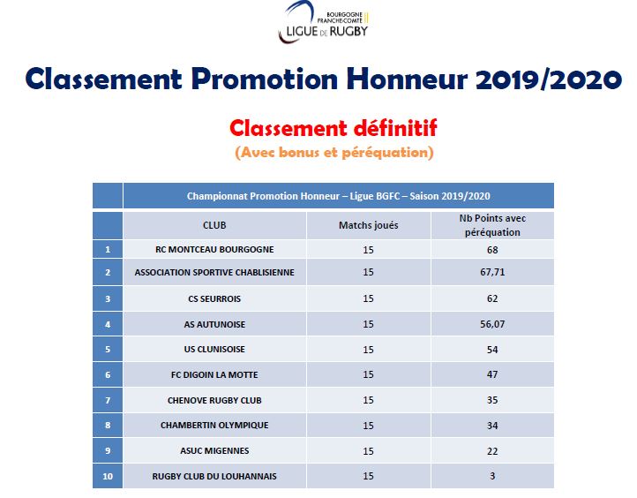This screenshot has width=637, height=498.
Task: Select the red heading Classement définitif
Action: click(333, 128)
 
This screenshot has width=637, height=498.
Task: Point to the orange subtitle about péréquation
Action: click(333, 152)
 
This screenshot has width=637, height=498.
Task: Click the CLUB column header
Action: click(214, 225)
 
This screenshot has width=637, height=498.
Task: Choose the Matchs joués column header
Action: click(368, 225)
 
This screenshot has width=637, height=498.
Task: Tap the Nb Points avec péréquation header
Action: click(492, 225)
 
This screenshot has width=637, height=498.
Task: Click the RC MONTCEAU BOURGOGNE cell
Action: click(214, 249)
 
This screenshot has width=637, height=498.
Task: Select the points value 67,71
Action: click(492, 273)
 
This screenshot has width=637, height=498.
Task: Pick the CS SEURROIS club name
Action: click(214, 298)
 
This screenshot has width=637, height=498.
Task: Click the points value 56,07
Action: click(492, 324)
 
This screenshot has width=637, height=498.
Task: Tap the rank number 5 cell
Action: click(108, 349)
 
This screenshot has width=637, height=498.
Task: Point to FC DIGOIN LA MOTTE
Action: click(214, 374)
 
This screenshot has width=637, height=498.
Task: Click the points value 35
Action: click(492, 400)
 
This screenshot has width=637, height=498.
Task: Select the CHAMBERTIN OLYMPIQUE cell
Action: click(214, 425)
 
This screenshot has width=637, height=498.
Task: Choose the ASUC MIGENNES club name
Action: click(214, 450)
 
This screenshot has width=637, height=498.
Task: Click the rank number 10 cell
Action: click(108, 477)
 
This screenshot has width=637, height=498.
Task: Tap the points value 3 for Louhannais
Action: click(492, 477)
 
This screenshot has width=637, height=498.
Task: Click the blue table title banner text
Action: click(338, 195)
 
